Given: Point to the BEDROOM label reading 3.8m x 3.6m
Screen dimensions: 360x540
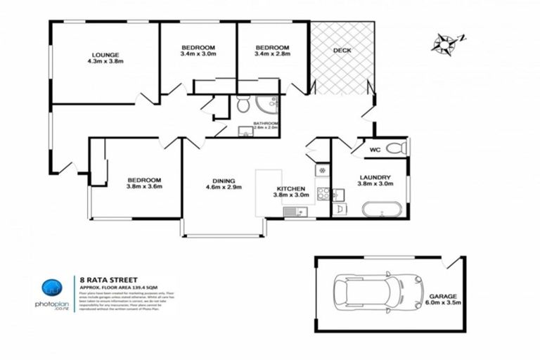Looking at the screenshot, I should pyautogui.click(x=144, y=183).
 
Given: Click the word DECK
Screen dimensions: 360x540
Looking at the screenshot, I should pyautogui.click(x=342, y=50).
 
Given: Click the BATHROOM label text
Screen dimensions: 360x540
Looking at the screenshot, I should pyautogui.click(x=266, y=124).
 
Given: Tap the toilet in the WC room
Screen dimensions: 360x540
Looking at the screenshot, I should pyautogui.click(x=397, y=148).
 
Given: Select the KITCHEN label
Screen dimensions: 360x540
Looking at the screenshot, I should pyautogui.click(x=290, y=192).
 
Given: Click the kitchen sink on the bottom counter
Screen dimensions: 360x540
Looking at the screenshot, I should pyautogui.click(x=292, y=212).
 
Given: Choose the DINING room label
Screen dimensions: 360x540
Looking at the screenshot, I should pyautogui.click(x=224, y=184).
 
